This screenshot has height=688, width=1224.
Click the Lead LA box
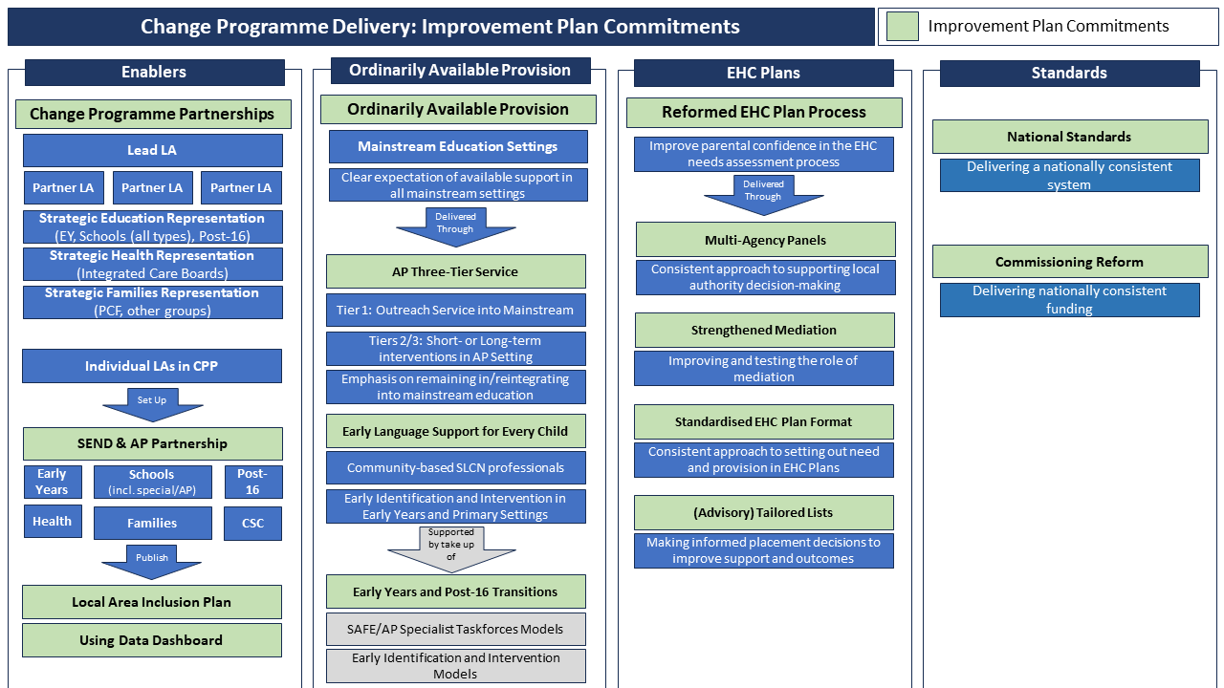152,150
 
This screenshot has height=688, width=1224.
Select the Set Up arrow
152,404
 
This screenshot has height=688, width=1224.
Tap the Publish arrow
152,562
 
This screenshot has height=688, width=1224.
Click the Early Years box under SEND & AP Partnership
53,482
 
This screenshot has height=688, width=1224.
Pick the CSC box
253,523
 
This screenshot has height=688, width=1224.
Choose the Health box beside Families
53,522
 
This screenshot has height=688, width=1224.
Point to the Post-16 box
253,482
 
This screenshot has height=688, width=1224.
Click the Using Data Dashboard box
152,640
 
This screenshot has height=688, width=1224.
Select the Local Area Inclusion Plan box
152,602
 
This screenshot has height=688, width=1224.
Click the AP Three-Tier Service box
455,271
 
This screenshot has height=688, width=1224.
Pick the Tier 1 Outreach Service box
455,310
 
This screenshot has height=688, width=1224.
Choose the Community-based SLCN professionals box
455,468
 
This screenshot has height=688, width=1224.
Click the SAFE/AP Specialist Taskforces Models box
455,629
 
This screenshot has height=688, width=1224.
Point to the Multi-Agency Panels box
765,240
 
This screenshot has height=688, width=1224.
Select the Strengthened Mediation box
764,330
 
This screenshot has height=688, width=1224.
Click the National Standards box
1069,137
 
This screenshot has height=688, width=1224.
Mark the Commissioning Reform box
1069,262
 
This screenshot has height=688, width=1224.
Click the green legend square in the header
902,27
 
